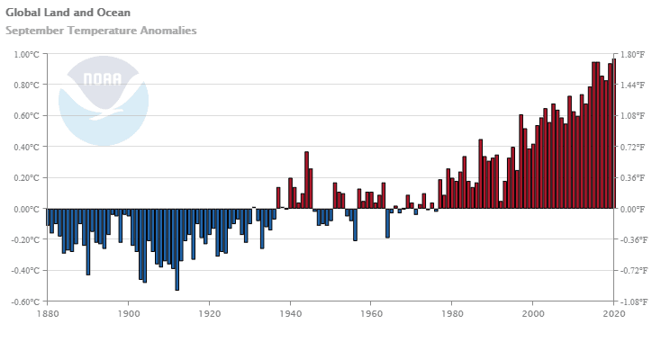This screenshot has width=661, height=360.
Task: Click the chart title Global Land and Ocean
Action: (x=68, y=13)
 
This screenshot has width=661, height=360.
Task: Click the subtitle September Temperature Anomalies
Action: (x=101, y=31)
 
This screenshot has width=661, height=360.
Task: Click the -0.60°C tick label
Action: (x=25, y=301)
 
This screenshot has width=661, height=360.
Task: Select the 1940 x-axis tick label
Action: (x=290, y=314)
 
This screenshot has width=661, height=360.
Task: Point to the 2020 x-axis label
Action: (x=613, y=314)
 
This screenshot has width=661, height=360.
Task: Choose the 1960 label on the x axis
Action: (x=371, y=314)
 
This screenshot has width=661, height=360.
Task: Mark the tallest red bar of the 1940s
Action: (x=306, y=180)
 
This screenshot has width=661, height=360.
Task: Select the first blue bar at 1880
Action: (x=48, y=217)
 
